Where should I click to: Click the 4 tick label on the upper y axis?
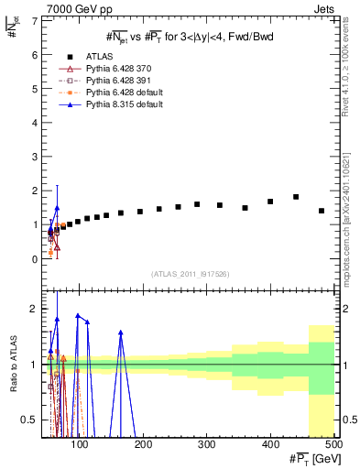(36, 123)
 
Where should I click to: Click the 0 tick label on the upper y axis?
(36, 259)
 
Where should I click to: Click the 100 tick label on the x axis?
(81, 445)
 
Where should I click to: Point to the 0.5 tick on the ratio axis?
(31, 420)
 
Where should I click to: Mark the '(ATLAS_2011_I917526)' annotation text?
(190, 275)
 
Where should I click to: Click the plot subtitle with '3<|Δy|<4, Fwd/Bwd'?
(190, 36)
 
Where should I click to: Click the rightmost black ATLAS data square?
(321, 211)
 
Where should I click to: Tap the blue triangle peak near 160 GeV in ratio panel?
(121, 333)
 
